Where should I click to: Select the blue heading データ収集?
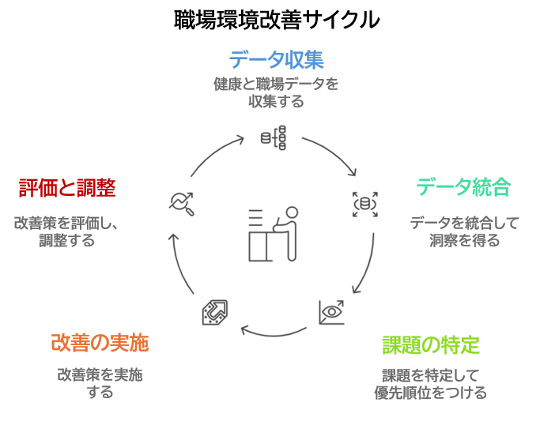pos(276,60)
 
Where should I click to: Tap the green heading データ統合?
pos(463,187)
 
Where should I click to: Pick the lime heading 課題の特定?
pos(430,344)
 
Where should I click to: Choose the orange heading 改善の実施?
pos(100,343)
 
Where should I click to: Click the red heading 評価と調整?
pos(67,188)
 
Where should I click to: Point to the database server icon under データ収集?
pos(274,137)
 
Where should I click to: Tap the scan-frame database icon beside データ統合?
pos(364,204)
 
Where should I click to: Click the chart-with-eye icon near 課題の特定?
pos(331,312)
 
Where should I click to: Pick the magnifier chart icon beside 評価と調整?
pos(183,203)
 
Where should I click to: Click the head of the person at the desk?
pos(291,213)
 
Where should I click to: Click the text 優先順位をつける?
pos(430,392)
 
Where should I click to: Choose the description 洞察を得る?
pos(464,241)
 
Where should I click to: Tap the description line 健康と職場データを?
pos(276,84)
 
